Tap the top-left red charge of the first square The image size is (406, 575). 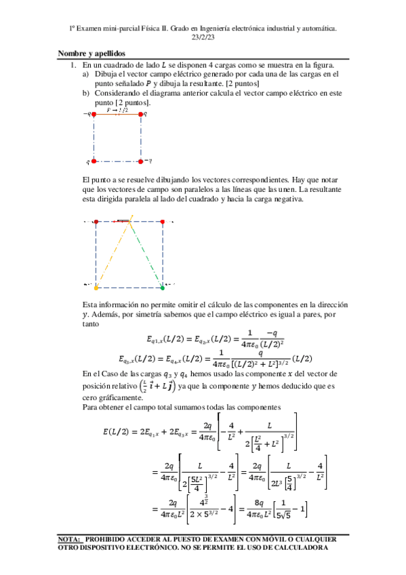click(x=94, y=115)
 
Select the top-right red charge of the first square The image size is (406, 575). click(x=141, y=115)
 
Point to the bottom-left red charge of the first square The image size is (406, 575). click(x=94, y=161)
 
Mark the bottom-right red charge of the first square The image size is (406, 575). click(x=141, y=161)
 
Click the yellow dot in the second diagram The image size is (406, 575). click(x=96, y=287)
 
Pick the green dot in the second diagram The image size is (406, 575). click(x=162, y=287)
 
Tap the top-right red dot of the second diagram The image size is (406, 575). click(x=163, y=221)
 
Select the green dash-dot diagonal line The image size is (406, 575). click(x=146, y=255)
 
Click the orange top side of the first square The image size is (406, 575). click(x=117, y=115)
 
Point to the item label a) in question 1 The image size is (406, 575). click(x=85, y=73)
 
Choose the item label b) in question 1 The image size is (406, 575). click(x=85, y=92)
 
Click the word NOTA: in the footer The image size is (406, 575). click(x=71, y=540)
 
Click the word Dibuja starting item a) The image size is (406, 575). click(x=107, y=73)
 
